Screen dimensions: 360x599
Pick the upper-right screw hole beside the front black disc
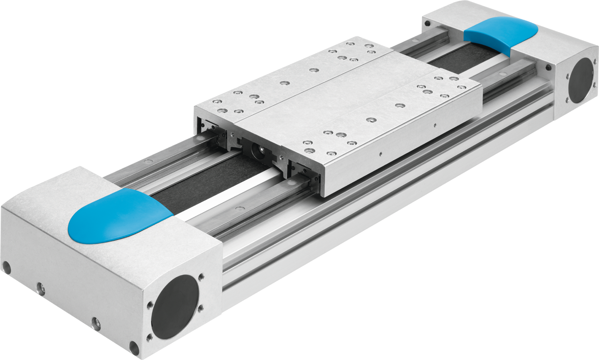click(x=201, y=276)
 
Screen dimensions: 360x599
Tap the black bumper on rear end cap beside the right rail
click(x=548, y=66)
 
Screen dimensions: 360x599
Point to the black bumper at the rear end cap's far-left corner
click(x=427, y=23)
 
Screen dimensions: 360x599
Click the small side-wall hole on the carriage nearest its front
click(x=380, y=153)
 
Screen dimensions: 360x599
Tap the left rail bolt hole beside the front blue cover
click(x=147, y=162)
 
